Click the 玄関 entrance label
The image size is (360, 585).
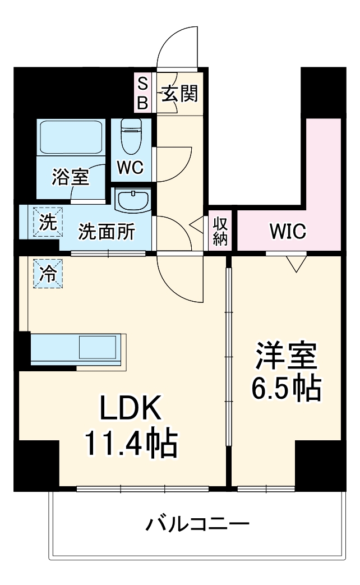coord(180,94)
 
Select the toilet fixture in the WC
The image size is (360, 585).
coord(132,136)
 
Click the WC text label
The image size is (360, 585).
coord(131,168)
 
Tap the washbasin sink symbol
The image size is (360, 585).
coord(132,200)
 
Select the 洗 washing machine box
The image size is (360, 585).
coord(48,222)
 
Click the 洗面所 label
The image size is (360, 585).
coord(106,232)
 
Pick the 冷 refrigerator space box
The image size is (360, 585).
coord(48,274)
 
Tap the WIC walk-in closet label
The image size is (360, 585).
coord(287,231)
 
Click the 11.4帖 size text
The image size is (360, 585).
coord(131,443)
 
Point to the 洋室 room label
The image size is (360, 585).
coord(286,355)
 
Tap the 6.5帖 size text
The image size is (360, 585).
coord(286,387)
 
